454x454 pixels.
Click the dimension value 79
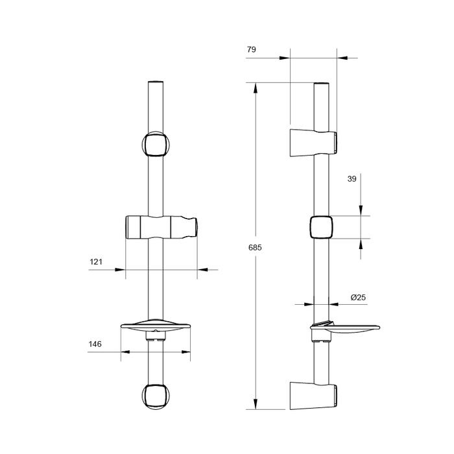click(x=252, y=49)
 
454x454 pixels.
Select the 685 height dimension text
click(x=255, y=248)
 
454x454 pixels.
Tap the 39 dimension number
click(x=352, y=179)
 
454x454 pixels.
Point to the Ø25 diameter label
click(x=358, y=297)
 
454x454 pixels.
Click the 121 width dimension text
click(x=96, y=262)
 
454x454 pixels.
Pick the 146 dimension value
click(x=95, y=344)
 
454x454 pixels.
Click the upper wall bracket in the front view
click(x=156, y=145)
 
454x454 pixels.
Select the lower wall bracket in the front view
click(x=156, y=396)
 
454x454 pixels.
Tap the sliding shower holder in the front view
click(x=161, y=227)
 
